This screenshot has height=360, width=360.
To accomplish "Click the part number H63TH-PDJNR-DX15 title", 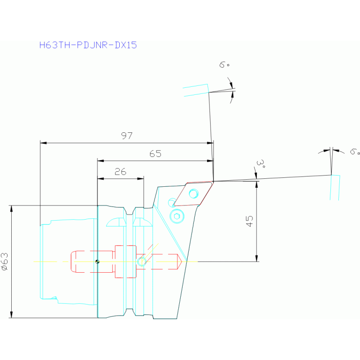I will (x=88, y=46).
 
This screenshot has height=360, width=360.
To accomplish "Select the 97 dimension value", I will (x=126, y=136).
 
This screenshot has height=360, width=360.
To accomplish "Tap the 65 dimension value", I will (x=155, y=154).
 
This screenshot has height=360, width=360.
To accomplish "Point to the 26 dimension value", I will (x=120, y=172).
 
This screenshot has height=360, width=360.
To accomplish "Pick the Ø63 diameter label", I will (x=4, y=261).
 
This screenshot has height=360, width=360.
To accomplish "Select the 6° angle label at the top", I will (x=224, y=65).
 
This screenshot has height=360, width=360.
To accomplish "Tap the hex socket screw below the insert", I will (x=177, y=216).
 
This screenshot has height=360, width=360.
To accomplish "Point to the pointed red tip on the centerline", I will (x=179, y=261).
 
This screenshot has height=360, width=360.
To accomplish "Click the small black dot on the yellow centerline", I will (x=97, y=261).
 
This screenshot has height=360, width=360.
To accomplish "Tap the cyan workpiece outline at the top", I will (x=196, y=90).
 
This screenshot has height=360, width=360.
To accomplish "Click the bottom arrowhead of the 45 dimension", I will (x=256, y=259).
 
